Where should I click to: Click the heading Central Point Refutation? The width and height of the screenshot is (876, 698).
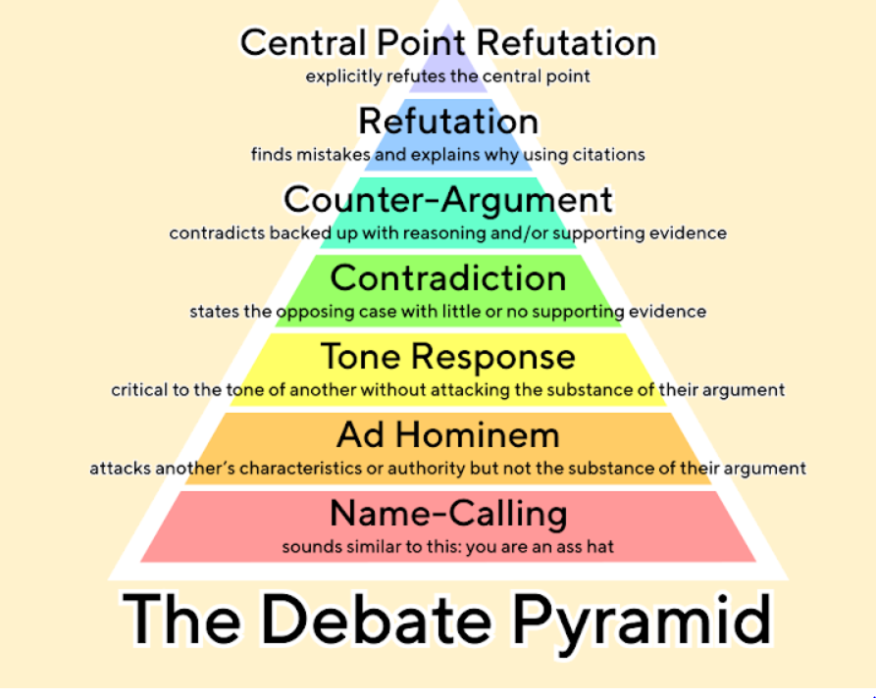[447, 44]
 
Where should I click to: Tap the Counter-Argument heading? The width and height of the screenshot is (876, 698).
[447, 200]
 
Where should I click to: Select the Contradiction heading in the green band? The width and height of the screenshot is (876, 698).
[447, 278]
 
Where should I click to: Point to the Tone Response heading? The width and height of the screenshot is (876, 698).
[447, 357]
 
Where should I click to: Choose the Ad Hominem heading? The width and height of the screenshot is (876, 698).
[447, 434]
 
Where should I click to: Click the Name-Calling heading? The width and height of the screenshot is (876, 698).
[447, 513]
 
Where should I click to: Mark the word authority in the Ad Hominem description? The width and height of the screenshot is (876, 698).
[430, 469]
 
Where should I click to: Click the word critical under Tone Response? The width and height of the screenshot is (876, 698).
[138, 390]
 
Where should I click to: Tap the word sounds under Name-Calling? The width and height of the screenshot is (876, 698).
[308, 546]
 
